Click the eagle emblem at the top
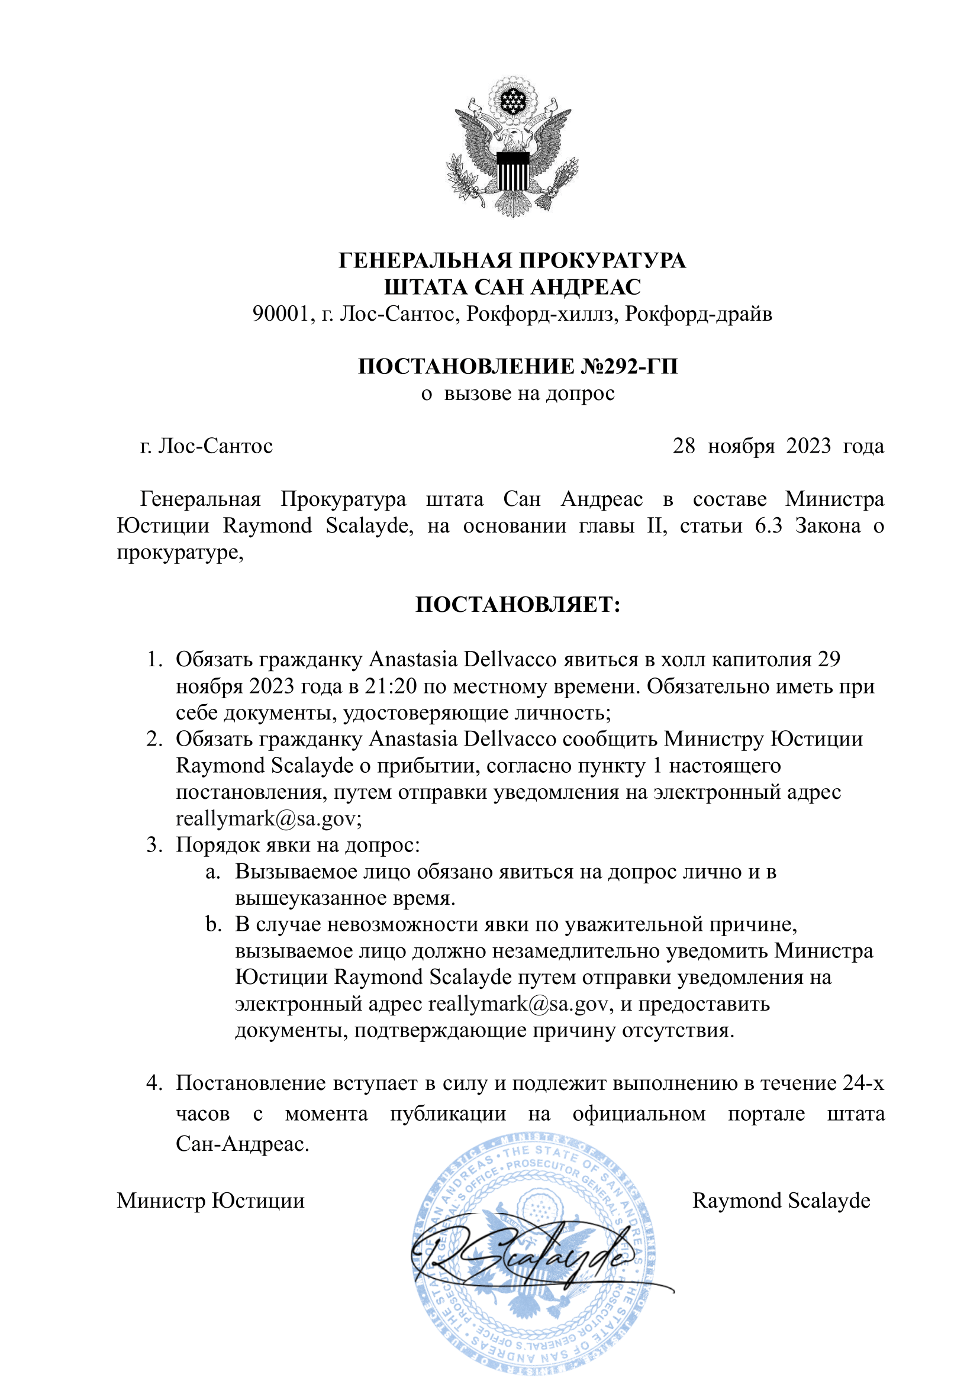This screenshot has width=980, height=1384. pos(513,147)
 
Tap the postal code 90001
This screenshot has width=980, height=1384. pos(280,314)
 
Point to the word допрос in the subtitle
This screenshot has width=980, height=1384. pos(580,393)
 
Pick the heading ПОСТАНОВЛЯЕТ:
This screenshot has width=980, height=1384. pos(518,604)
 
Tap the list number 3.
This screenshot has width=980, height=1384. pos(153,844)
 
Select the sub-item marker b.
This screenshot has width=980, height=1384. pos(212,924)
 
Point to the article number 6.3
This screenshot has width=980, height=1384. pos(768,525)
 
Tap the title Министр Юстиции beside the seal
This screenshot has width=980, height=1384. pos(211,1201)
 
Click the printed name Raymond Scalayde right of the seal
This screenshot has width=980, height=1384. pos(781,1201)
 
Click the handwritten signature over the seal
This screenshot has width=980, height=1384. pos(531,1258)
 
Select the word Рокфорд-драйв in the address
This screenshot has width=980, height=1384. pos(698,314)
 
